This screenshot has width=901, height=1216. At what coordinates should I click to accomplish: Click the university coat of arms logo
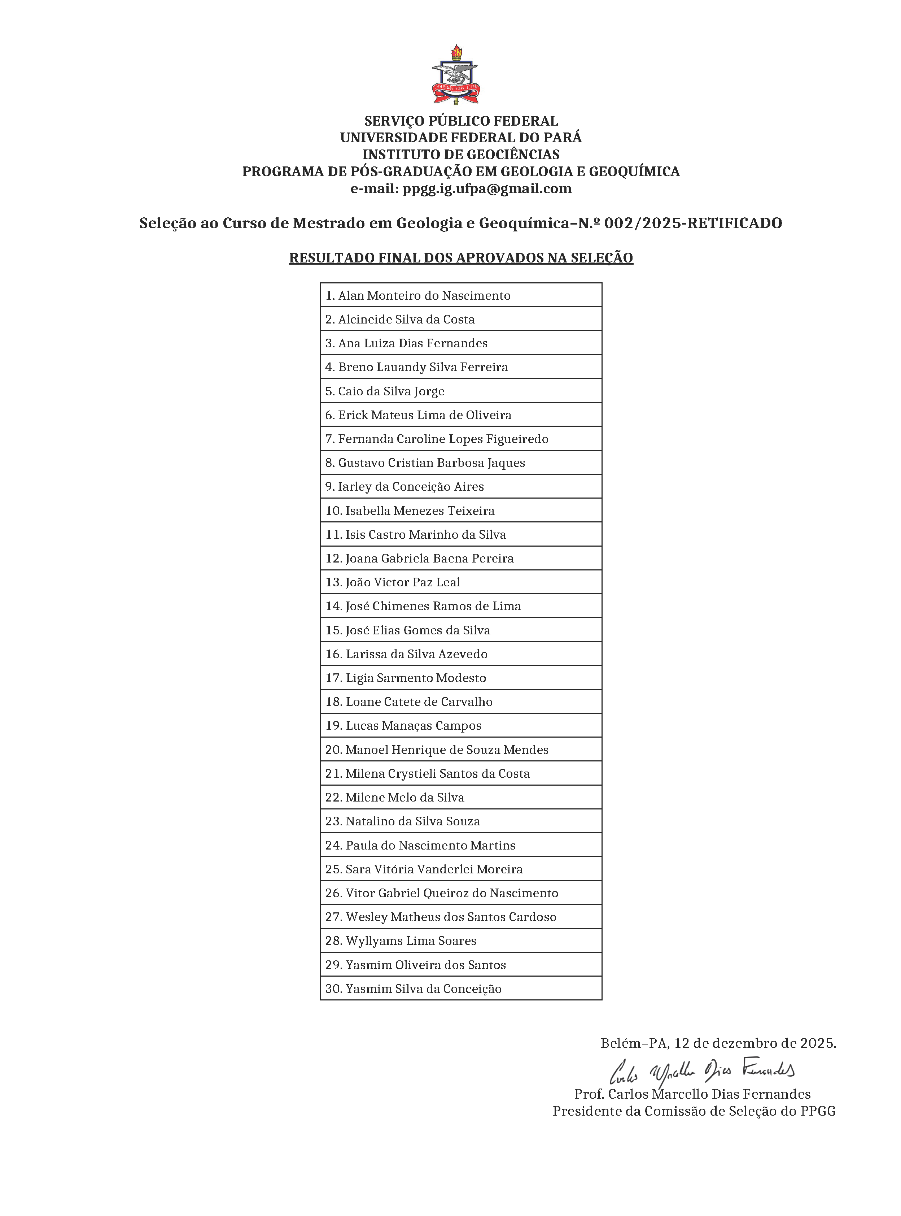(455, 75)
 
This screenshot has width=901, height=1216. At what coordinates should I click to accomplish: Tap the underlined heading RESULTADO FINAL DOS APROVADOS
(461, 258)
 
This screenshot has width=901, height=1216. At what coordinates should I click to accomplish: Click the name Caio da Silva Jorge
(391, 391)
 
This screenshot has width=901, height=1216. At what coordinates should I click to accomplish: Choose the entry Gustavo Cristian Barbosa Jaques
(432, 463)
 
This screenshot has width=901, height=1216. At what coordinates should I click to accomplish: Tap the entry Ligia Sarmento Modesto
(416, 678)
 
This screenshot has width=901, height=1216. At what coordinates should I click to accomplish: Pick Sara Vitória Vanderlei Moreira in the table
(434, 869)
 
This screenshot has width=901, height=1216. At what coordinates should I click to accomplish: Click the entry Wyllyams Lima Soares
(411, 941)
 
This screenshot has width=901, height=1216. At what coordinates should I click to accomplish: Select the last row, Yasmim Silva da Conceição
(423, 989)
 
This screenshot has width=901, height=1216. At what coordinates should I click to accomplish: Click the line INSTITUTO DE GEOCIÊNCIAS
(461, 155)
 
